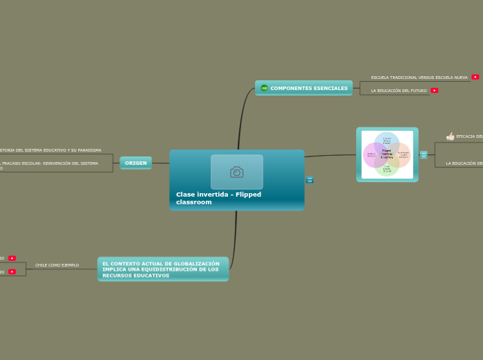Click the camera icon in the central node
[x=237, y=172]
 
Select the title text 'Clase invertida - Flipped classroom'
[x=218, y=198]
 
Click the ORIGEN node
[x=136, y=163]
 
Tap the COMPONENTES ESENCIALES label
[x=309, y=89]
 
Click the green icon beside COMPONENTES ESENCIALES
[x=264, y=88]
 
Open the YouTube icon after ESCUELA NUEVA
[x=475, y=77]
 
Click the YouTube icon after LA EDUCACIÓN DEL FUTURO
[x=434, y=90]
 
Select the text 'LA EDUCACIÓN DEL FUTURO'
[x=398, y=91]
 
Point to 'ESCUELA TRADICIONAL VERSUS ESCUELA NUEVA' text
[x=419, y=78]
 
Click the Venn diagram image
[x=387, y=154]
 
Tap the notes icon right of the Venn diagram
[x=423, y=155]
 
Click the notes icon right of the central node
[x=310, y=180]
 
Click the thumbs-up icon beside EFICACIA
[x=450, y=136]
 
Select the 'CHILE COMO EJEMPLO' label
[x=57, y=265]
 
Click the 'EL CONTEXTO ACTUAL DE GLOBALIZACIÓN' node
[x=163, y=269]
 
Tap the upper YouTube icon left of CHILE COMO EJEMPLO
[x=12, y=258]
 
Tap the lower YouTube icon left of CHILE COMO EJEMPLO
[x=12, y=272]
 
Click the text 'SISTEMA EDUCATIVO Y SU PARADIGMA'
[x=52, y=150]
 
